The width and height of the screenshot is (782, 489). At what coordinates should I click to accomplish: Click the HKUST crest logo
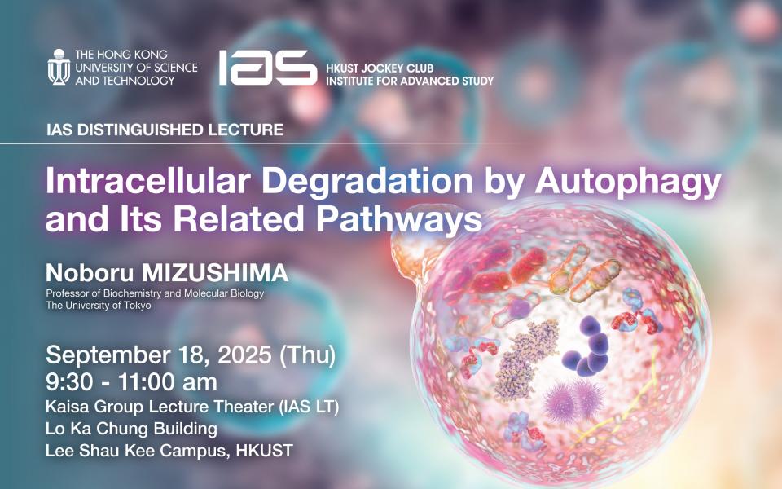[59, 67]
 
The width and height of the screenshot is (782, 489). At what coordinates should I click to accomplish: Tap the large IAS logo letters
[268, 68]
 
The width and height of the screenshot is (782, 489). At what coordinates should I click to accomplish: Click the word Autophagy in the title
[628, 183]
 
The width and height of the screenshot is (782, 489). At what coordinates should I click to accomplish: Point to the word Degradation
[367, 182]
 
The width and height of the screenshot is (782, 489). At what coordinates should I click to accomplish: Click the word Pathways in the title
[399, 220]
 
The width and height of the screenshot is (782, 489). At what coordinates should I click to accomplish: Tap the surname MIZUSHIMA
[215, 273]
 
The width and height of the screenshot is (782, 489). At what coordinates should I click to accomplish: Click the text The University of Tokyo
[99, 305]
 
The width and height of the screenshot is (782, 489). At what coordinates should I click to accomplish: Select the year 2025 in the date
[244, 355]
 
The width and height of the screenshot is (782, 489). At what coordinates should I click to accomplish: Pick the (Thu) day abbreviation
[307, 355]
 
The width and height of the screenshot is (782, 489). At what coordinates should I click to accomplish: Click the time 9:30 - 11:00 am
[132, 382]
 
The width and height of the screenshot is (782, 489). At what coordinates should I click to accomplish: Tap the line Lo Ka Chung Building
[131, 429]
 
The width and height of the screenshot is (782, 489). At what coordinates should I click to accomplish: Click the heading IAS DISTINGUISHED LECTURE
[165, 130]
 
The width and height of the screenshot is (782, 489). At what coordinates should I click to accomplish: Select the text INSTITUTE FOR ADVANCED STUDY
[410, 81]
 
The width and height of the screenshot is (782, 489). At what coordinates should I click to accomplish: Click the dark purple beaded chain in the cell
[589, 347]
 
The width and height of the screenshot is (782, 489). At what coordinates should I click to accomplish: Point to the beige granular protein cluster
[525, 360]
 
